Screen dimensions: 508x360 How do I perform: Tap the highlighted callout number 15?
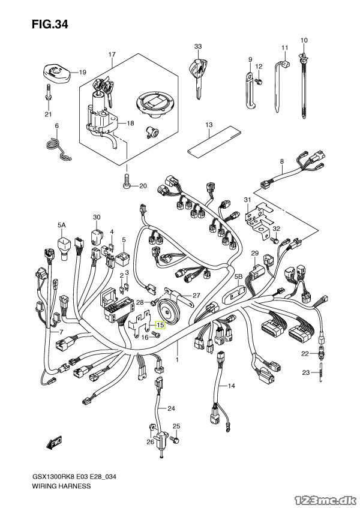(159, 327)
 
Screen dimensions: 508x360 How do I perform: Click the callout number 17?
(112, 55)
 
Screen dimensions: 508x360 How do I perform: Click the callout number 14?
(232, 384)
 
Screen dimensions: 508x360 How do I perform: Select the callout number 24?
(172, 408)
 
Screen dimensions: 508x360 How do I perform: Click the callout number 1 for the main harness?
(178, 359)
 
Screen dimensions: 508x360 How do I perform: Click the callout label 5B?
(238, 276)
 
